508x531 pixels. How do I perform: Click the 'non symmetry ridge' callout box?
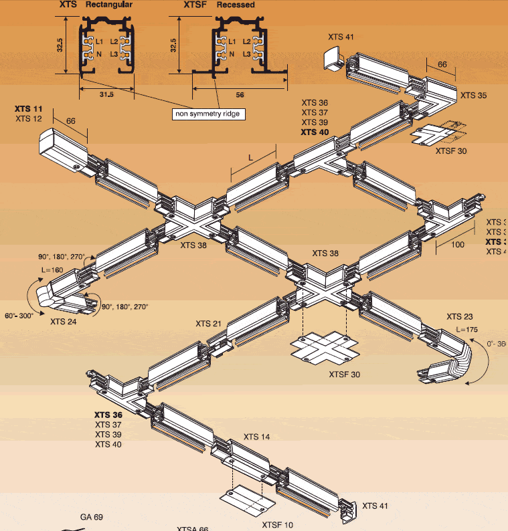[207, 114]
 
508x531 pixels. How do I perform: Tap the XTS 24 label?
[63, 322]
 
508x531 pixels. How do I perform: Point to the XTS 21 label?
[208, 324]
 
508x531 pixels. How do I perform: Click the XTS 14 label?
[256, 437]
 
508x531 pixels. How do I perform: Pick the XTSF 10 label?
[278, 524]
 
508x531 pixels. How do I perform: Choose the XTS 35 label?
[473, 96]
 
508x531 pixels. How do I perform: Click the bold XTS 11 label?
[28, 108]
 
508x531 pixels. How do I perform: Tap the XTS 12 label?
[28, 118]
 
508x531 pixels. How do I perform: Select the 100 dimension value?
[457, 245]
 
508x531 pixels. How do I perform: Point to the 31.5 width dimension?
[107, 95]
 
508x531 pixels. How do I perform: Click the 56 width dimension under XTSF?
[240, 95]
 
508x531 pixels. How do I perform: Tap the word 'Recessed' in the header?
[236, 5]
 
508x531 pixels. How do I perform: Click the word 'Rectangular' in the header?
[109, 5]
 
